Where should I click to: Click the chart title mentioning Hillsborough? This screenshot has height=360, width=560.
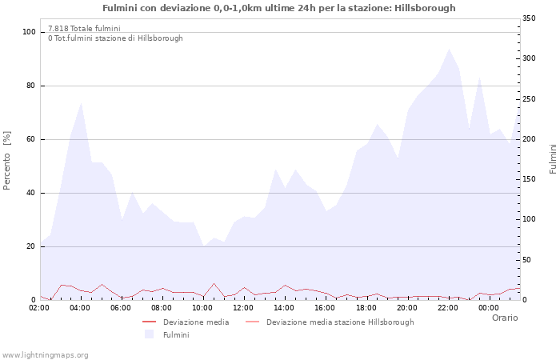279,8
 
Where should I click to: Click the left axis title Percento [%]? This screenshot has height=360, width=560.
7,161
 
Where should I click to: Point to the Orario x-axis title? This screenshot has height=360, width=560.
504,318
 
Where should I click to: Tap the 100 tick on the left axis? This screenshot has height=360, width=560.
30,32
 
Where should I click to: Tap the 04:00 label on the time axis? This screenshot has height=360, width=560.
81,308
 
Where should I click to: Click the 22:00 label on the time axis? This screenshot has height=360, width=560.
447,308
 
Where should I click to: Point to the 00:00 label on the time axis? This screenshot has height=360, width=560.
488,308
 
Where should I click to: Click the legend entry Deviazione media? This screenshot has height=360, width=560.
196,322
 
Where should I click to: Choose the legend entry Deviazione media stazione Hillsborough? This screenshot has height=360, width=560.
340,322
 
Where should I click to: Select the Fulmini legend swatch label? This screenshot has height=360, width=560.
176,335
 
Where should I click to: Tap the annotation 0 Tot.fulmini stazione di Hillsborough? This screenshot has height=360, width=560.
115,38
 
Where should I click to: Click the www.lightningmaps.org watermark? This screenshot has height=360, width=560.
46,354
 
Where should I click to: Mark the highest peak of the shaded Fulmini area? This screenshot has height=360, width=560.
449,50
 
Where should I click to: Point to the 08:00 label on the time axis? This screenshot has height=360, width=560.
162,308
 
